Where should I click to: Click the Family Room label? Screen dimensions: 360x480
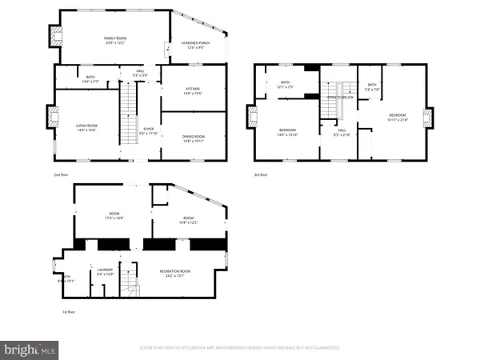(x=115, y=40)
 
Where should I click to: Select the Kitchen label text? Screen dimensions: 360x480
(x=193, y=90)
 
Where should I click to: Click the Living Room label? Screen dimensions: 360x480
(x=86, y=126)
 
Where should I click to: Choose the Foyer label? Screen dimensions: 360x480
(x=148, y=130)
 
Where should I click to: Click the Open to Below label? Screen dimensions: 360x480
(x=339, y=97)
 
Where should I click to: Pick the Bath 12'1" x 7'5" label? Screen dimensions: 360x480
(x=285, y=84)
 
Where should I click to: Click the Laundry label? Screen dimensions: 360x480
(x=105, y=272)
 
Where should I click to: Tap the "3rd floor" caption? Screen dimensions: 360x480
(x=261, y=174)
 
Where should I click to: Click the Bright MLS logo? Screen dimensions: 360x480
(x=30, y=349)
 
